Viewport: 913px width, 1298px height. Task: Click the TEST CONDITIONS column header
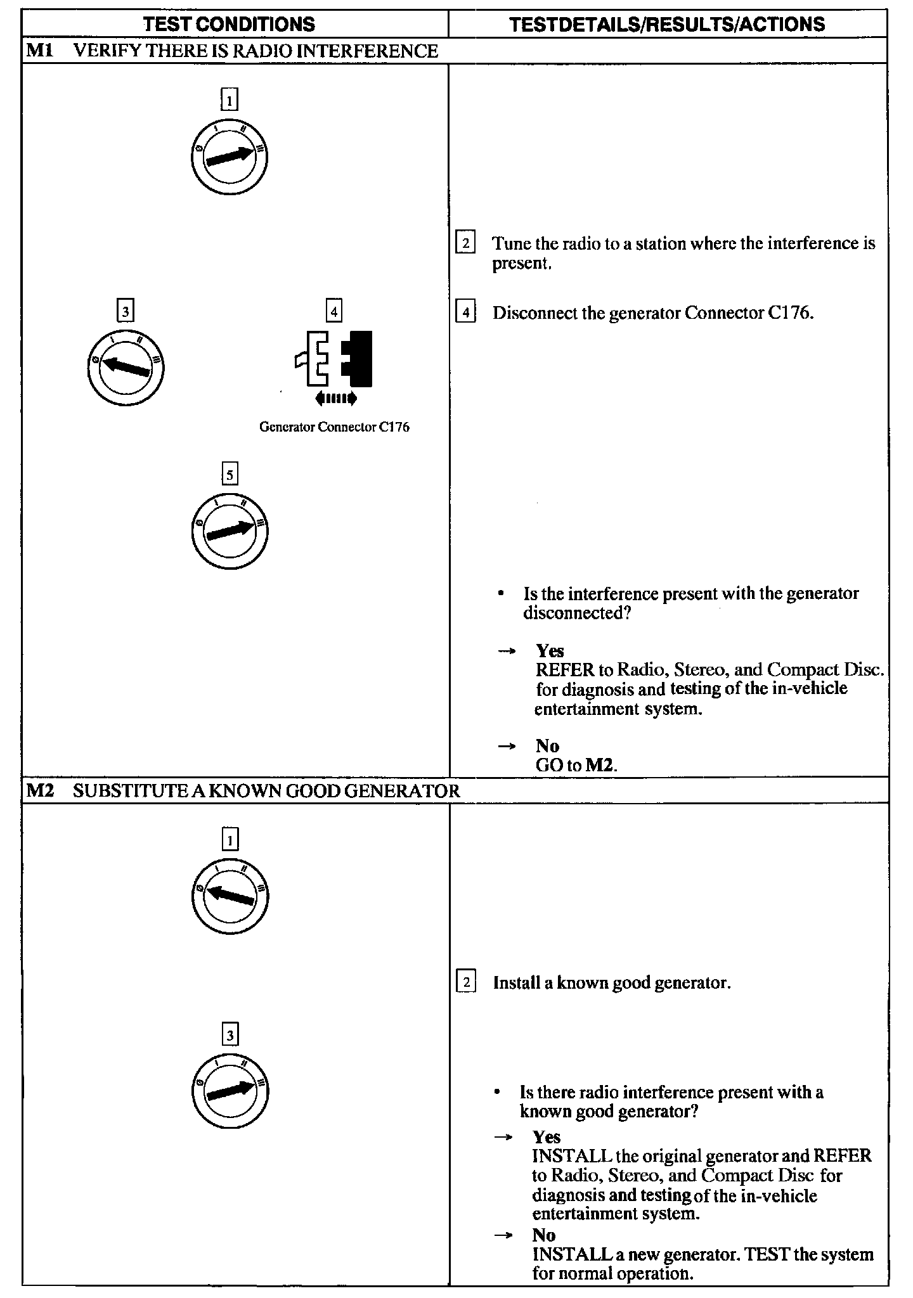229,24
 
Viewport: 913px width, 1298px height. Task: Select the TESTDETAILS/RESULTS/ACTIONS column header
667,24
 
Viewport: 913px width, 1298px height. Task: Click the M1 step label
39,51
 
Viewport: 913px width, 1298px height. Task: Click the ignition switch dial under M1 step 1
229,157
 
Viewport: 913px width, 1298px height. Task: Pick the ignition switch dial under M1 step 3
126,368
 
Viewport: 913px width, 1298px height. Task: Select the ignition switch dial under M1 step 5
230,530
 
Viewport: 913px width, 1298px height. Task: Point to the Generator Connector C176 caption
334,427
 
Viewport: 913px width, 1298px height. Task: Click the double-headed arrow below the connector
335,398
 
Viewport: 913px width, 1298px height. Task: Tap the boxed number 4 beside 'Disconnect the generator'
465,313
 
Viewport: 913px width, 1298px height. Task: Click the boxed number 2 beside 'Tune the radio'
465,243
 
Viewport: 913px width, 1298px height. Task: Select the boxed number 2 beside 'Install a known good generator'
466,983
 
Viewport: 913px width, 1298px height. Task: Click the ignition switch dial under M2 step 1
230,896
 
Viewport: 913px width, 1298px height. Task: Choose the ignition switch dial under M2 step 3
230,1091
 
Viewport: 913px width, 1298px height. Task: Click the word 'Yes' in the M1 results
550,651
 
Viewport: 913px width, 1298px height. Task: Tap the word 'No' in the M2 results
544,1235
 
